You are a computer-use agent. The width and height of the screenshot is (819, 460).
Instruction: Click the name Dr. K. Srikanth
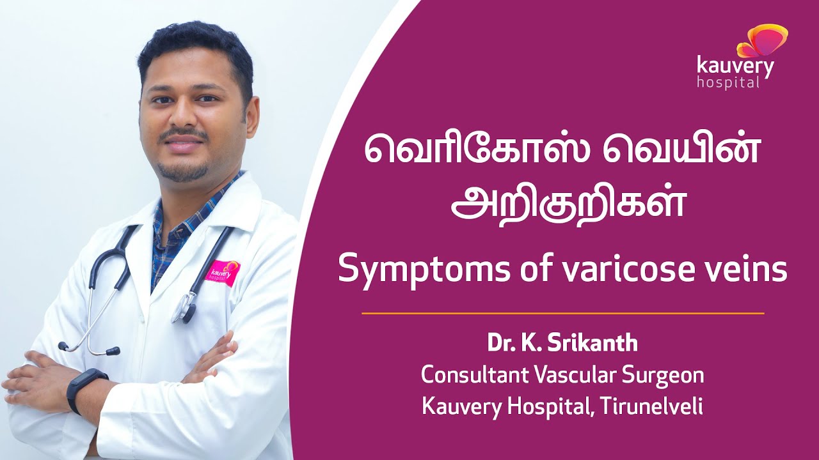pyautogui.click(x=562, y=344)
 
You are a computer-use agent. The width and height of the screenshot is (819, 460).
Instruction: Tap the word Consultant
pyautogui.click(x=471, y=375)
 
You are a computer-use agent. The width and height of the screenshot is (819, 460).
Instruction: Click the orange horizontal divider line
pyautogui.click(x=562, y=314)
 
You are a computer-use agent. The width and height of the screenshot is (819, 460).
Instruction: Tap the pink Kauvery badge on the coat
pyautogui.click(x=223, y=272)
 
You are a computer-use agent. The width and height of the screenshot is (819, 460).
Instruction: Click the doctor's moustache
pyautogui.click(x=182, y=134)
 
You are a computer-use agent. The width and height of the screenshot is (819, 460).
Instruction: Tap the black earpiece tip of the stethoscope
pyautogui.click(x=113, y=351)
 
